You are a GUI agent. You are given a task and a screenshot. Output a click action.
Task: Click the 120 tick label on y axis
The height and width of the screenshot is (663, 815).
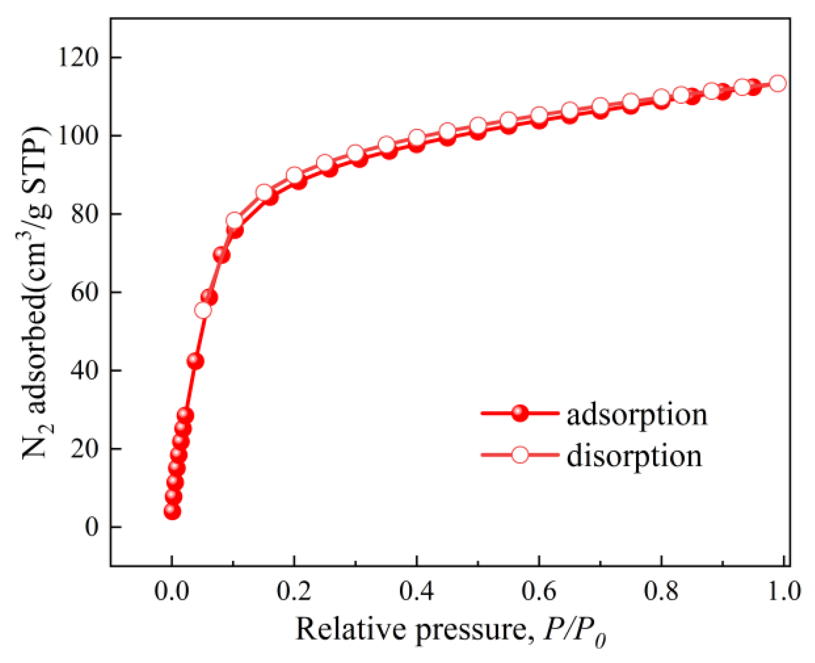tap(77, 58)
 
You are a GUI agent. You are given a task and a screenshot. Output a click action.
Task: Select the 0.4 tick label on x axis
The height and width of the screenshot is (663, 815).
tap(416, 591)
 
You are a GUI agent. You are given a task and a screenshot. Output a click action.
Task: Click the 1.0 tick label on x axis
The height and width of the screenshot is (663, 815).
tap(783, 591)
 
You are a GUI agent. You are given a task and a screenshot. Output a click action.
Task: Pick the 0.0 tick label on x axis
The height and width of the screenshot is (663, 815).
tap(172, 591)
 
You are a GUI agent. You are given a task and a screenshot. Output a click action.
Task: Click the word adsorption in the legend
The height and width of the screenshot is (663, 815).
tap(637, 414)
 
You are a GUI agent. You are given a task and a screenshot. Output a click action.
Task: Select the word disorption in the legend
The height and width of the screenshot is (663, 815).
tap(634, 455)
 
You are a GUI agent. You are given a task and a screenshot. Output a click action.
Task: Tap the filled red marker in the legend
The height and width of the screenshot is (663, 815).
tap(520, 413)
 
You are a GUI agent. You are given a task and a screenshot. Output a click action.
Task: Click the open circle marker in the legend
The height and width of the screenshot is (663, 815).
tap(520, 454)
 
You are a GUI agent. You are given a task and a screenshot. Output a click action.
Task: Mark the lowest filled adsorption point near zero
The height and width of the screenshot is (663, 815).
tap(172, 511)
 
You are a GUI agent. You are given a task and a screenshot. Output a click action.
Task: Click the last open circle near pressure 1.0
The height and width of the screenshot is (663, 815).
tap(777, 83)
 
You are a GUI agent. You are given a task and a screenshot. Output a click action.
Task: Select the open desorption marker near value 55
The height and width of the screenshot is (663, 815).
tap(203, 311)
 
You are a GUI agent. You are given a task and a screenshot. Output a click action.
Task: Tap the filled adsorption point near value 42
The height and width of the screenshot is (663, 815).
tap(195, 361)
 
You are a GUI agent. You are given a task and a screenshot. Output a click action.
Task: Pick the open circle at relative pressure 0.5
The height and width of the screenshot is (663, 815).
tap(477, 126)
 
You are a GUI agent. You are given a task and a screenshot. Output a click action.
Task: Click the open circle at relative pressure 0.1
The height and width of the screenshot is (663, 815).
tap(234, 221)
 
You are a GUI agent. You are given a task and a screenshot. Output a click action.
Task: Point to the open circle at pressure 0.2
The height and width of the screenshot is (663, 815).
tap(294, 175)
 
